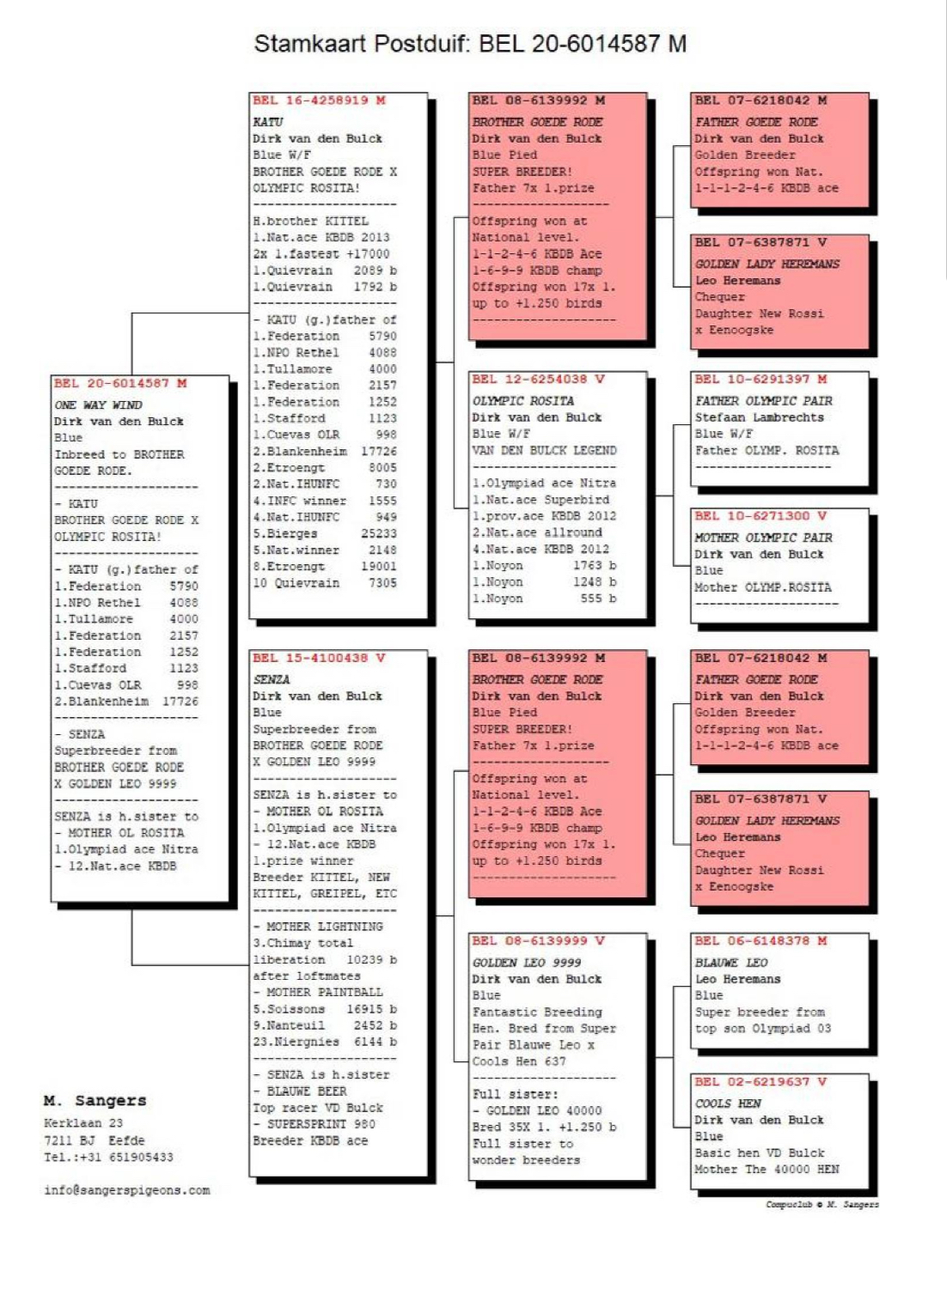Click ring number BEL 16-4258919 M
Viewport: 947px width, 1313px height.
319,100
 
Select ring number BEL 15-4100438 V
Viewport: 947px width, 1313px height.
319,658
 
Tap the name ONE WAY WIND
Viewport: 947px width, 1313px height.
99,404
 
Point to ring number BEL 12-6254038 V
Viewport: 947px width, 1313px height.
538,379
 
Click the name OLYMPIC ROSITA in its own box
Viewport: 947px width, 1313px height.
522,401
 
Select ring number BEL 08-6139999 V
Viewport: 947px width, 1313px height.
538,940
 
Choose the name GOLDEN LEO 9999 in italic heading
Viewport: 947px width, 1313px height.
526,963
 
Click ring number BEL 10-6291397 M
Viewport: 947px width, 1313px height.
761,379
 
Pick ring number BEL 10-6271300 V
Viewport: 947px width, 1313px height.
761,516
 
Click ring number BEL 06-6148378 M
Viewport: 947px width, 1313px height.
761,940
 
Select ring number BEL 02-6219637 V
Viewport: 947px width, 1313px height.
761,1082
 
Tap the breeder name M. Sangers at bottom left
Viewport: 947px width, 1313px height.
95,1100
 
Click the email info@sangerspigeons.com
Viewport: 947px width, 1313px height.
127,1190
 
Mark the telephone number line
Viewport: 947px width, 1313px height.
108,1158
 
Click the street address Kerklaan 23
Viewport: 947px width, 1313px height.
83,1123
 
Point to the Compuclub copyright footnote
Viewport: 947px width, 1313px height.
822,1205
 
